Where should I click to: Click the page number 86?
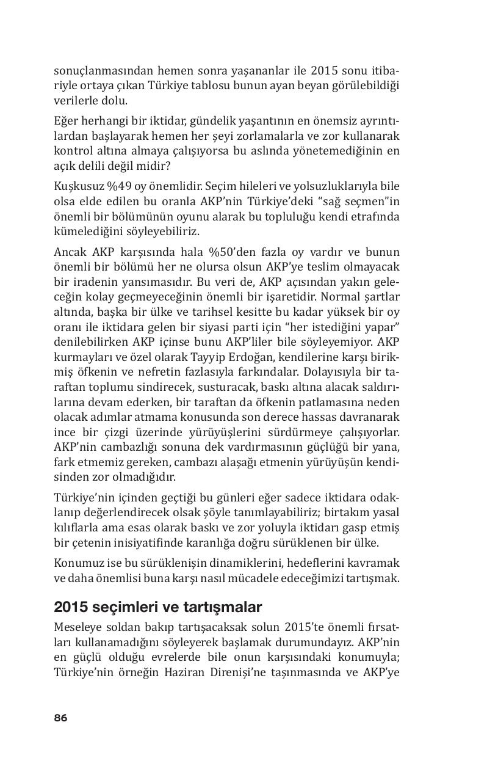click(60, 718)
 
